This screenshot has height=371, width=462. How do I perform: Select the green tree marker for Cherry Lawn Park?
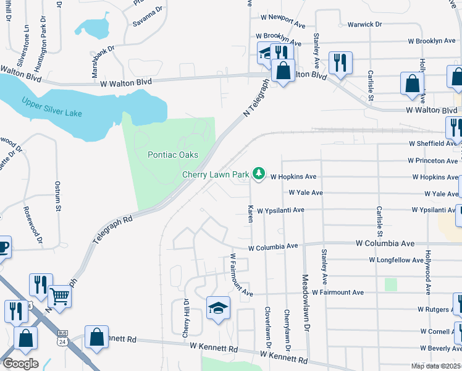point(259,174)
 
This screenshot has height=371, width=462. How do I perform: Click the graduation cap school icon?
point(218,307)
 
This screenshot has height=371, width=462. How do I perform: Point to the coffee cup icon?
point(2,248)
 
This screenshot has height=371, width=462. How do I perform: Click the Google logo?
point(20,364)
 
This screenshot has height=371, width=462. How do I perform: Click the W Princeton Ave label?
point(432,160)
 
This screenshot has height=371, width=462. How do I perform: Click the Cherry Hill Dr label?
point(185,318)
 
